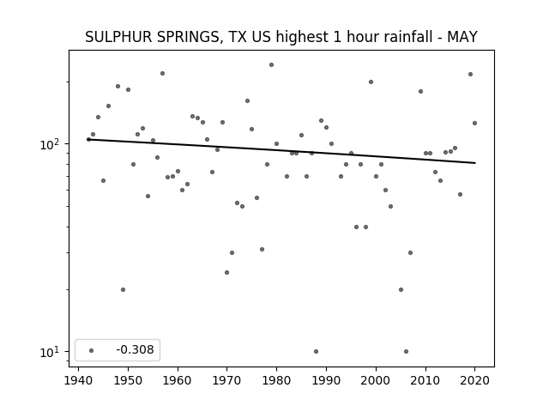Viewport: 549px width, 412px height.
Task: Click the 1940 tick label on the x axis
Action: pos(78,380)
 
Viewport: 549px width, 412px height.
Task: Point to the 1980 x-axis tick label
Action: pos(276,380)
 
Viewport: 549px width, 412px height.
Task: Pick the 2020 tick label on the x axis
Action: pos(474,380)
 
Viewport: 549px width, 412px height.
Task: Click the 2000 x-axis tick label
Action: pos(376,380)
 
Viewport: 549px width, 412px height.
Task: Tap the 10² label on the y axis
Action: pos(50,144)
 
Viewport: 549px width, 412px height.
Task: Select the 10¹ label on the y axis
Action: pos(50,352)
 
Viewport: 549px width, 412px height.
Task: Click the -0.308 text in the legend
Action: pos(135,349)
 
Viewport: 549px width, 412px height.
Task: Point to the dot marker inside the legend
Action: pos(91,350)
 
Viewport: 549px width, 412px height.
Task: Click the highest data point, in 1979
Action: pos(271,65)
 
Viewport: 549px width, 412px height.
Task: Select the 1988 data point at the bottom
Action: pos(317,351)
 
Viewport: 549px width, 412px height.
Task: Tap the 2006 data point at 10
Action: pos(406,351)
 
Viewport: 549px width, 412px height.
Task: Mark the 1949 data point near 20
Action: pos(123,290)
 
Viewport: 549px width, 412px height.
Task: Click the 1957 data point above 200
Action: pos(162,73)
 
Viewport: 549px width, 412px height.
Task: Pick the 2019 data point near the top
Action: pos(471,75)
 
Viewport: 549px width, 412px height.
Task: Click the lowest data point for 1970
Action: pos(226,273)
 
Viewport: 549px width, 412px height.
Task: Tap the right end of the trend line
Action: pos(475,163)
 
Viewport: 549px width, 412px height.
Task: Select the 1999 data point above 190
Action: pos(371,82)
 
